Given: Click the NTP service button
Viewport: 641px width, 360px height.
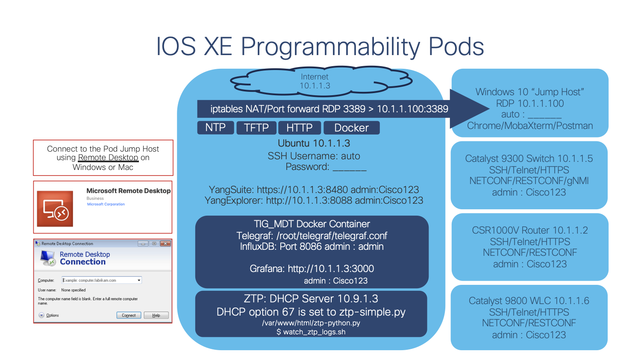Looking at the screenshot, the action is click(x=215, y=128).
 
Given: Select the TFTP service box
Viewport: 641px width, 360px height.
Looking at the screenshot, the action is click(x=256, y=128).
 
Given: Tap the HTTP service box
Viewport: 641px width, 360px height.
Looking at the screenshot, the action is click(x=299, y=128).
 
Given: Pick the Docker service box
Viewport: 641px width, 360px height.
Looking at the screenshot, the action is click(x=351, y=128).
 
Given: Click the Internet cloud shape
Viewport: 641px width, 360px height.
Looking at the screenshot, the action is click(x=315, y=81).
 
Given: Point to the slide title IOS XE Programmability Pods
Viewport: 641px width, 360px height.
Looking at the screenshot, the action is click(x=320, y=46).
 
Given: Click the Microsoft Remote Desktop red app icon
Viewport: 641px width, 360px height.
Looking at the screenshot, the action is click(x=55, y=209).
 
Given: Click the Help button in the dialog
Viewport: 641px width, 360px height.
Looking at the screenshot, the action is click(x=156, y=315).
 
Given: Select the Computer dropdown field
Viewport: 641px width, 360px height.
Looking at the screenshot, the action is click(x=102, y=280).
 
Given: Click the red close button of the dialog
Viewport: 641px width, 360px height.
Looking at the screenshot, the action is click(x=165, y=243).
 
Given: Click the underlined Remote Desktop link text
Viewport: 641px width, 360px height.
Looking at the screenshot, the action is click(x=108, y=158).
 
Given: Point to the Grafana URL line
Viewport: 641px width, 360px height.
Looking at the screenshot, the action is click(x=312, y=269).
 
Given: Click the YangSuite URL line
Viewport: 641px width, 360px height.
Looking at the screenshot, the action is click(x=314, y=190).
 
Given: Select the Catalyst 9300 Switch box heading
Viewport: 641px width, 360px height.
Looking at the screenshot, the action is click(x=529, y=158).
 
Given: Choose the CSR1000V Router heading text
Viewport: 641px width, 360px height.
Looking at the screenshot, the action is click(x=529, y=230).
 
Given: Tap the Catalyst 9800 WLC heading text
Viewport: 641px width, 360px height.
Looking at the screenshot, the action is click(x=529, y=301).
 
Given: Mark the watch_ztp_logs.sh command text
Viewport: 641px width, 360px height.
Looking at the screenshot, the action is click(x=311, y=332).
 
